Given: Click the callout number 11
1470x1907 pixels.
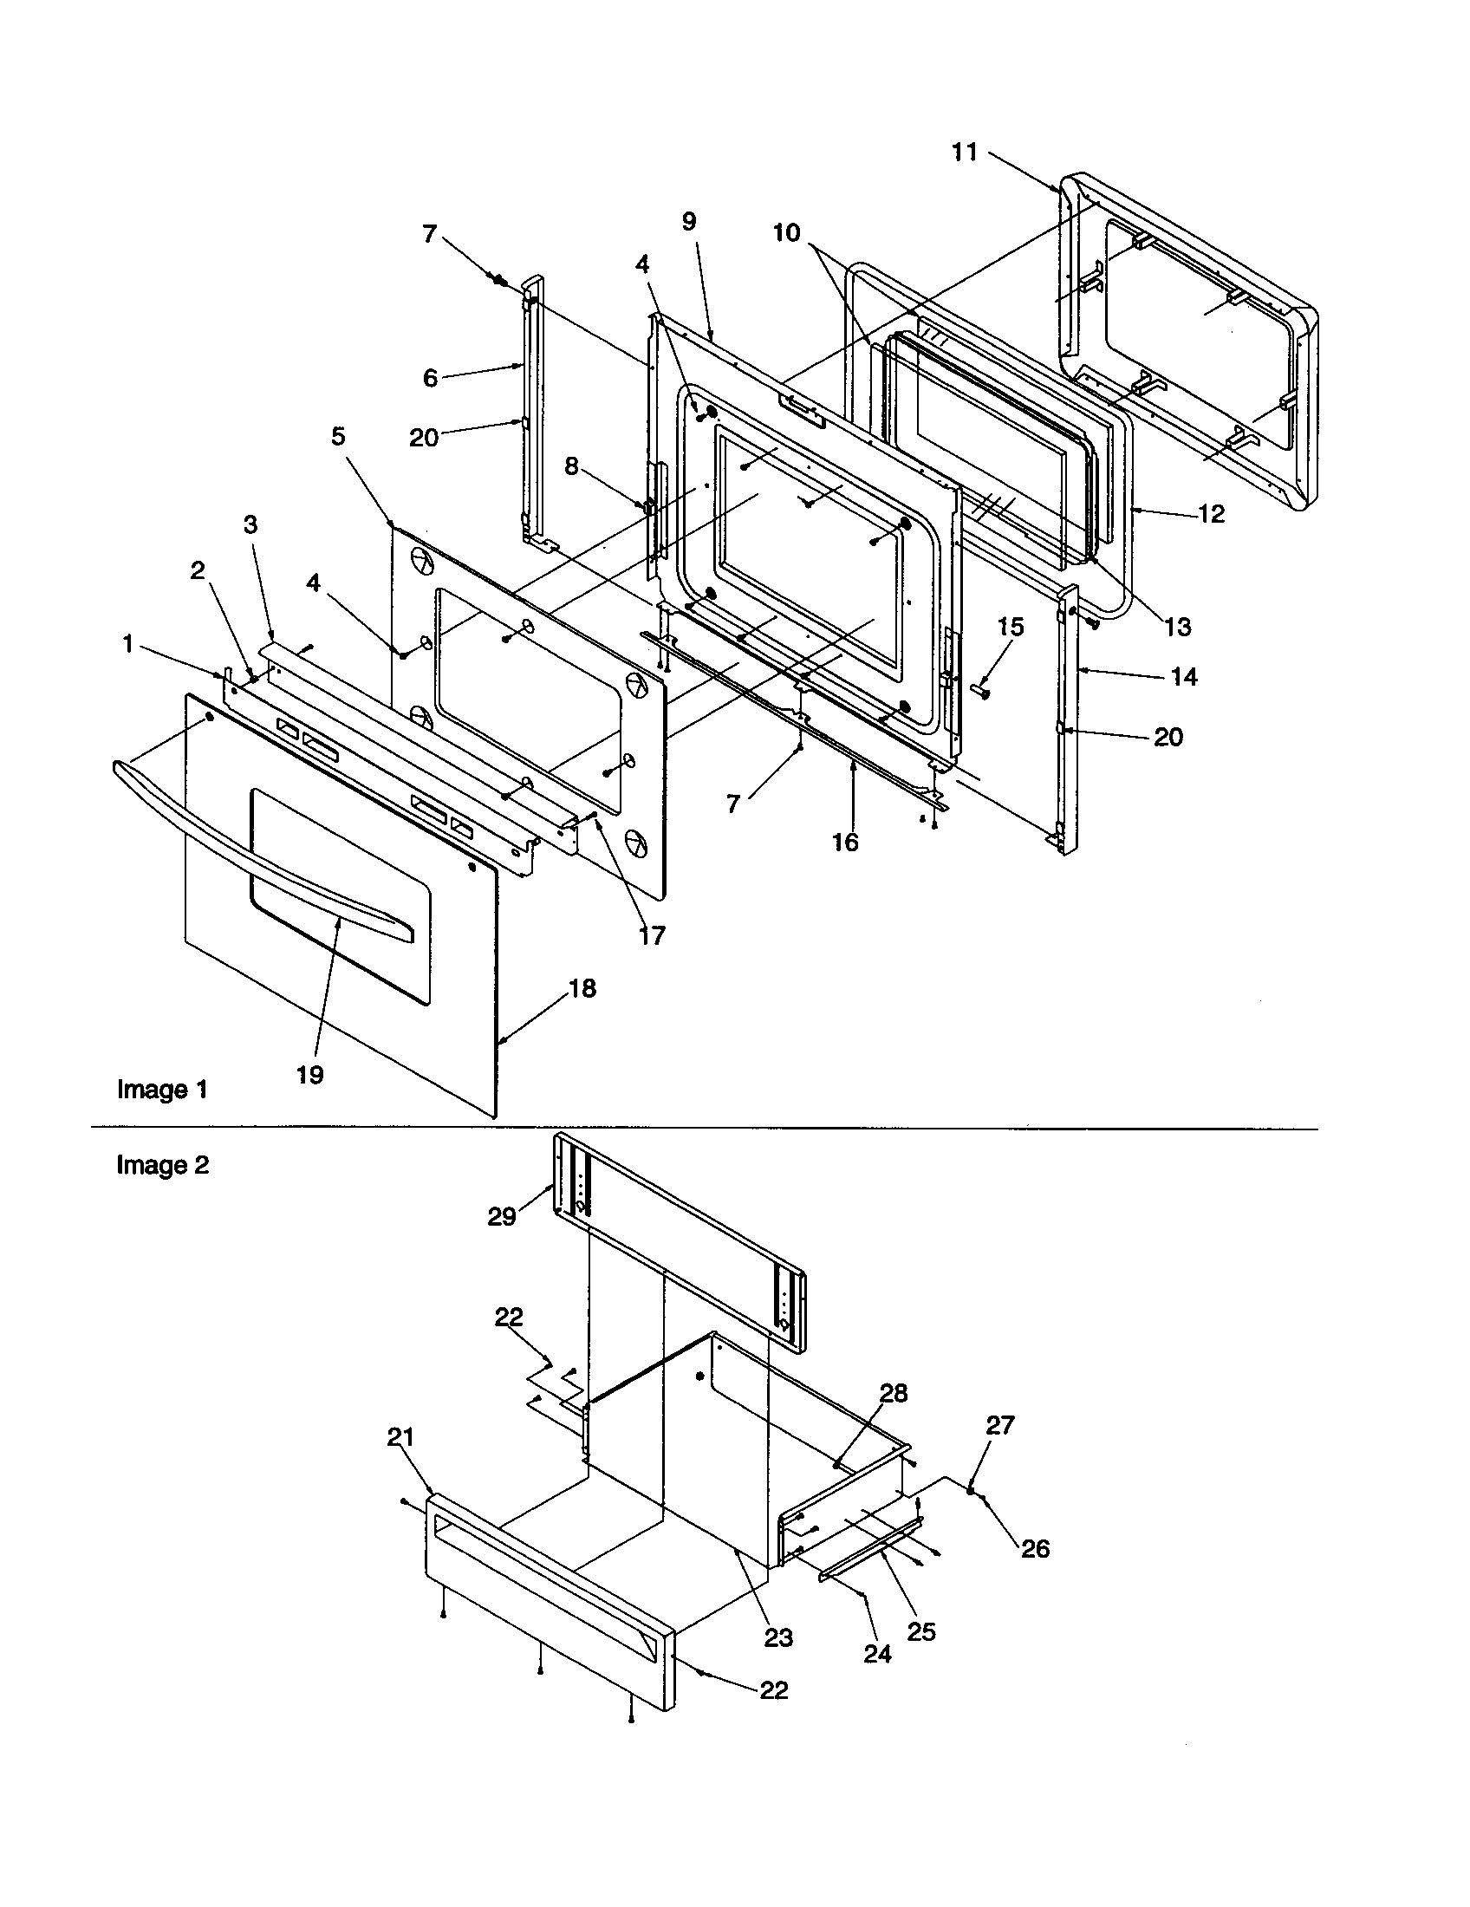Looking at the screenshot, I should (x=964, y=153).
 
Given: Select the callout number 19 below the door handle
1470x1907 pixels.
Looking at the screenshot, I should (x=310, y=1075).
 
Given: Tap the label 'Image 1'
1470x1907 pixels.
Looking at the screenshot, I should (x=162, y=1090).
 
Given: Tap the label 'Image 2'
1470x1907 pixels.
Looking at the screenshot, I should (x=162, y=1166).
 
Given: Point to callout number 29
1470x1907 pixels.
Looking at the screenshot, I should (x=502, y=1216).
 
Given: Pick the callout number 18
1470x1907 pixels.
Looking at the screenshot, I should (x=582, y=988).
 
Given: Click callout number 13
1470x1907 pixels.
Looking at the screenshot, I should (x=1178, y=626).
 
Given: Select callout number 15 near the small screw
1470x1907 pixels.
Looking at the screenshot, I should (x=1010, y=627).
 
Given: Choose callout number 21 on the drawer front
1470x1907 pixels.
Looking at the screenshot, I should (x=400, y=1437).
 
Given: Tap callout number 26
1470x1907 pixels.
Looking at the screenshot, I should (x=1035, y=1549).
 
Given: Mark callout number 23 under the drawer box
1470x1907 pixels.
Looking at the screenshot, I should (x=778, y=1638).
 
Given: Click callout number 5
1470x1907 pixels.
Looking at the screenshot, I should (x=338, y=436).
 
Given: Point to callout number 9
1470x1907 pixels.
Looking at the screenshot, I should (x=689, y=221).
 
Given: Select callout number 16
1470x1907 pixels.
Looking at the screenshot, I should (x=845, y=842).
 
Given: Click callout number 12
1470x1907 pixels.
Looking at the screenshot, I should (x=1211, y=513).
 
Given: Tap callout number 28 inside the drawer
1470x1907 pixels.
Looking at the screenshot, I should (x=893, y=1393).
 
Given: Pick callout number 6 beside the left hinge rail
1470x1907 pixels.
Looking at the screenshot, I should (x=431, y=377).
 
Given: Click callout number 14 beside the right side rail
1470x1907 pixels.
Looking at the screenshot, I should (x=1184, y=676).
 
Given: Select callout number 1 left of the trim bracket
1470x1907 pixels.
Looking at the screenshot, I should (x=128, y=644).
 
